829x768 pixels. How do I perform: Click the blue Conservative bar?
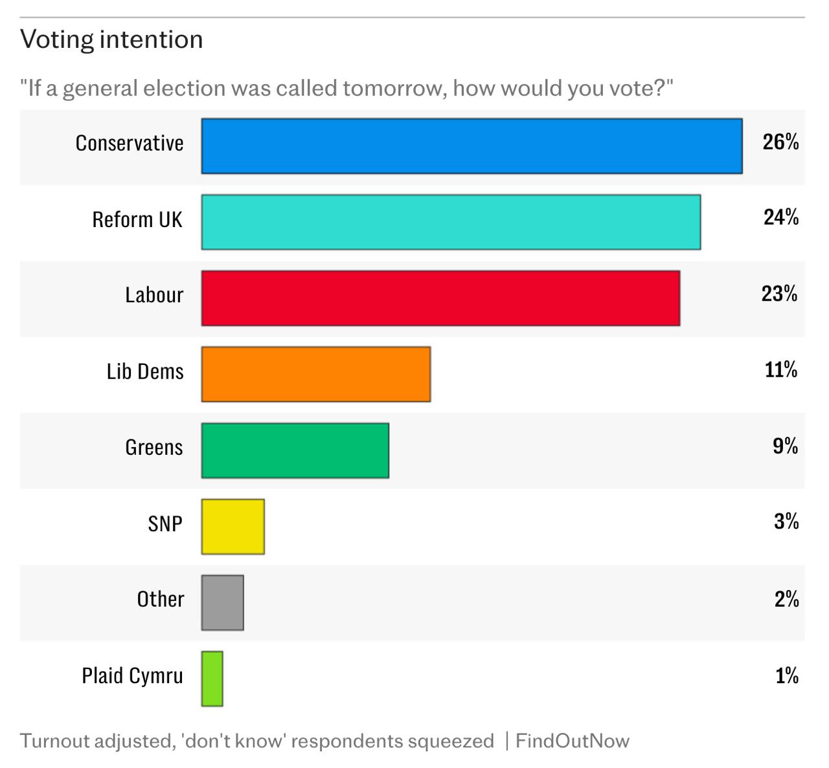pyautogui.click(x=471, y=146)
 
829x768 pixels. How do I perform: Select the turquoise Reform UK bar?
pyautogui.click(x=451, y=222)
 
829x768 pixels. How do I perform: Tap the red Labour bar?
pyautogui.click(x=440, y=298)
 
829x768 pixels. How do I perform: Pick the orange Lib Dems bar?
pyautogui.click(x=316, y=374)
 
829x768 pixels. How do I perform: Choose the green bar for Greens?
pyautogui.click(x=295, y=450)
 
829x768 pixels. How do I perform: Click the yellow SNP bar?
pyautogui.click(x=233, y=527)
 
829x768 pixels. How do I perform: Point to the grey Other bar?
pyautogui.click(x=223, y=602)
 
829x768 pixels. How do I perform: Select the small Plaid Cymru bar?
pyautogui.click(x=212, y=679)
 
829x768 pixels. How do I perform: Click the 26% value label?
pyautogui.click(x=780, y=142)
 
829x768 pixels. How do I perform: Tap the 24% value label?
pyautogui.click(x=780, y=217)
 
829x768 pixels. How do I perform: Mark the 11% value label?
pyautogui.click(x=780, y=369)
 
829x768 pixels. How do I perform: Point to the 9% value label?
pyautogui.click(x=785, y=446)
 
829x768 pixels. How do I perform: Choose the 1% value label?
pyautogui.click(x=786, y=675)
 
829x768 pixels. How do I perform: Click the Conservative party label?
pyautogui.click(x=130, y=143)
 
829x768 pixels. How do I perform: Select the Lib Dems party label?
pyautogui.click(x=145, y=371)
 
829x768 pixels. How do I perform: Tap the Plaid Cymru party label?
pyautogui.click(x=132, y=676)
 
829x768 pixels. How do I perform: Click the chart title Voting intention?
pyautogui.click(x=111, y=39)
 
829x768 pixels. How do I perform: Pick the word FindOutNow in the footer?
pyautogui.click(x=572, y=741)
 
